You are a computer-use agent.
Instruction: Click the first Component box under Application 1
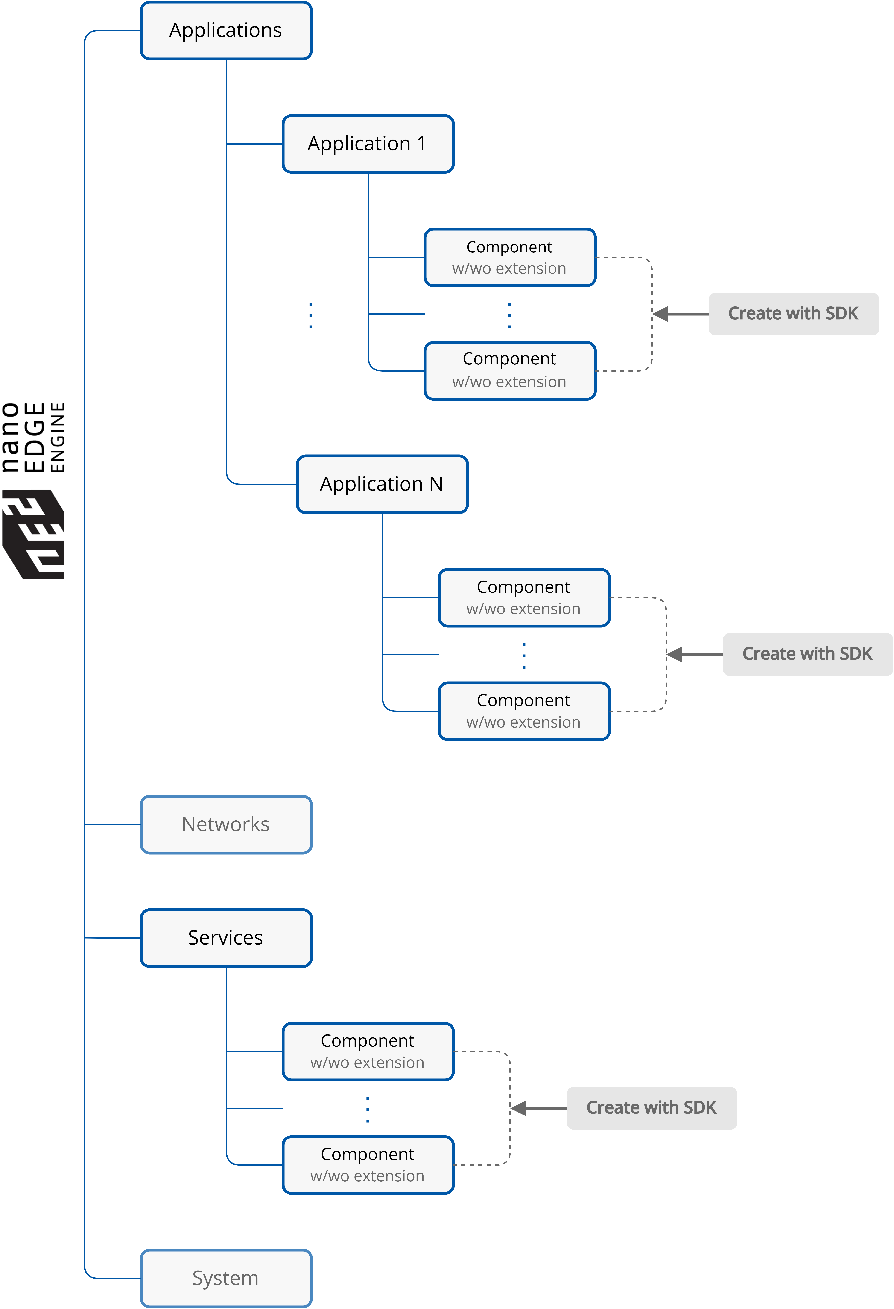(510, 257)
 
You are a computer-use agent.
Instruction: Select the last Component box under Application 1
(510, 371)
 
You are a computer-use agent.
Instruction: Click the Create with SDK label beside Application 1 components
(793, 314)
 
